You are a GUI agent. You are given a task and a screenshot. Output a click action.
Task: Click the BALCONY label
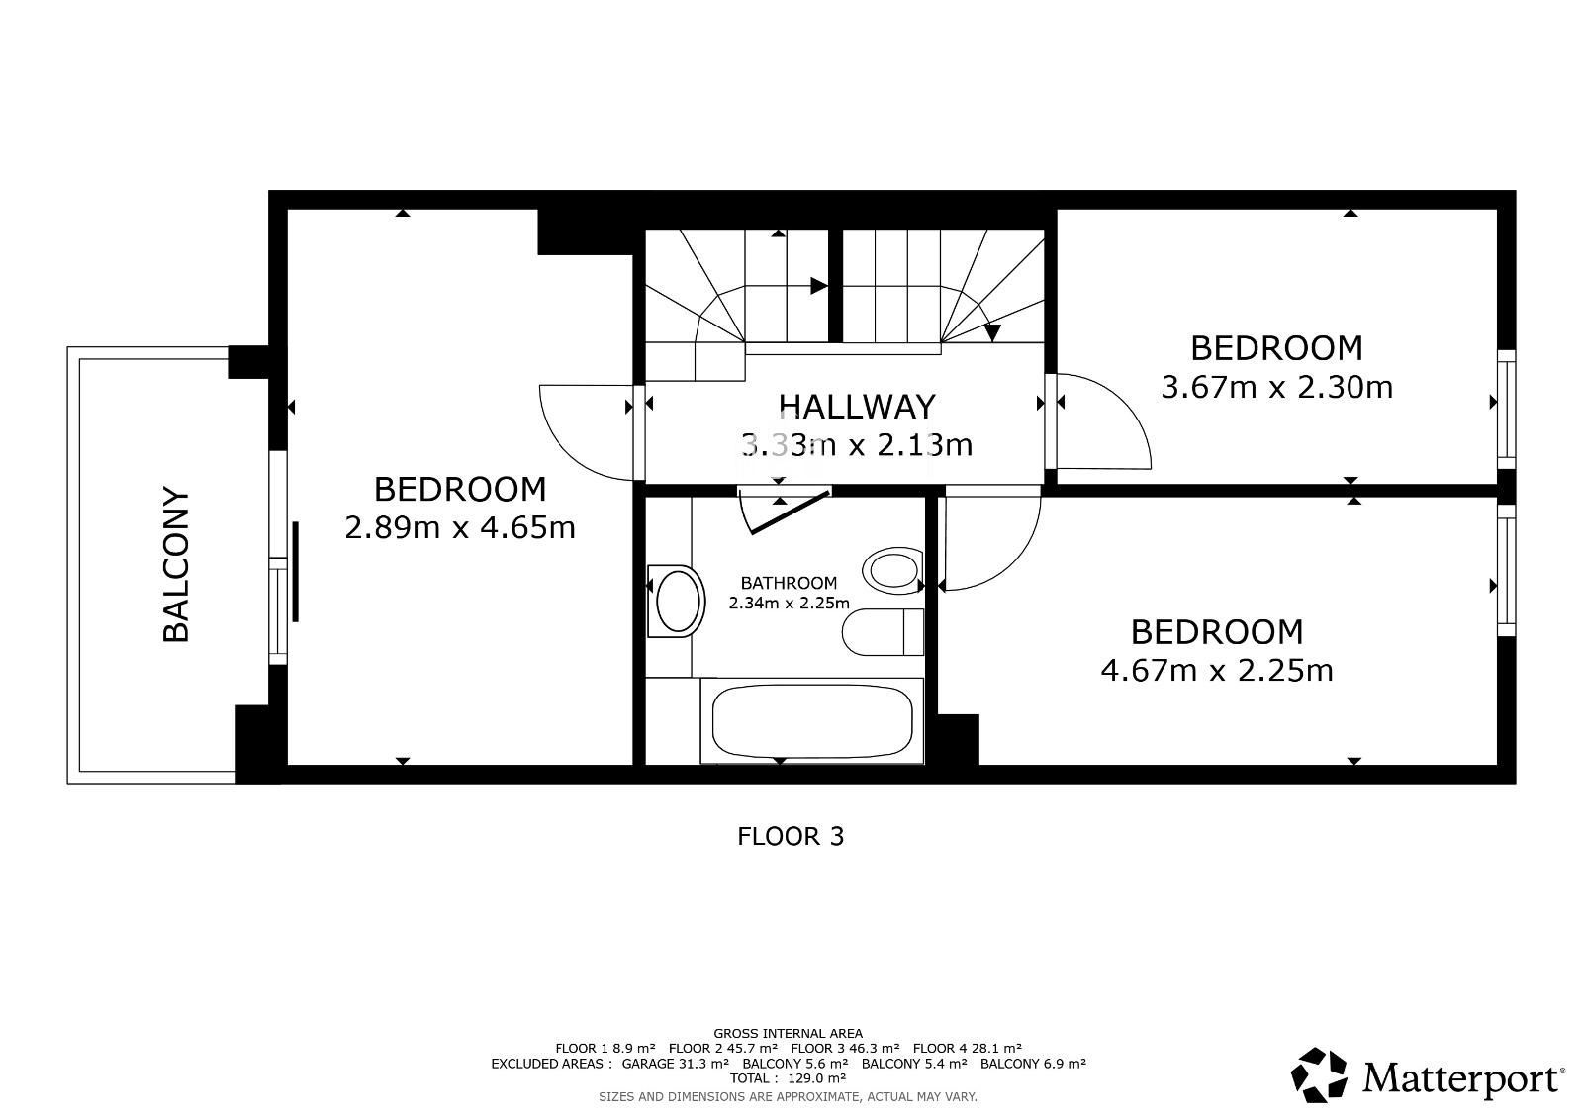176,564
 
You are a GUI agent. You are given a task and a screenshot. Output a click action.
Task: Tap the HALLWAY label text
857,407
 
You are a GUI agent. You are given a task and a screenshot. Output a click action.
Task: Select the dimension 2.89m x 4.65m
460,527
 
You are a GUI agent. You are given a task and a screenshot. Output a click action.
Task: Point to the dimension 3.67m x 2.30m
1277,387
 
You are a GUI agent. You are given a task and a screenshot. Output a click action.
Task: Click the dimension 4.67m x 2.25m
1217,670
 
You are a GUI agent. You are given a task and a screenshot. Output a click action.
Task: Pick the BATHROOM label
789,583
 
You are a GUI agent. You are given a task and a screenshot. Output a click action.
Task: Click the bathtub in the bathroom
812,721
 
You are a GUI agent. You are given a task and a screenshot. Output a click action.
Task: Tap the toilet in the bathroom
884,632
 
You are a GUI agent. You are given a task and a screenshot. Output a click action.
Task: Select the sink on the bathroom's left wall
677,601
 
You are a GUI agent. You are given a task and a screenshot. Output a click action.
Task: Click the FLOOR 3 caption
791,837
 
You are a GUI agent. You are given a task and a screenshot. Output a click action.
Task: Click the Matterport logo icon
1319,1075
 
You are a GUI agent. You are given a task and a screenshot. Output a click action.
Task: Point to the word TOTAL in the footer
749,1078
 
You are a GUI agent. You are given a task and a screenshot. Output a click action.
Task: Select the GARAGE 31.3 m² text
675,1064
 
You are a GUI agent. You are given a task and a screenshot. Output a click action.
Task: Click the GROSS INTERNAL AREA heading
788,1034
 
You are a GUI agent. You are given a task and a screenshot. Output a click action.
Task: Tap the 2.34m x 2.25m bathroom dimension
789,604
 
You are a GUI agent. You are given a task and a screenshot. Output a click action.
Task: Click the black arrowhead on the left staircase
819,286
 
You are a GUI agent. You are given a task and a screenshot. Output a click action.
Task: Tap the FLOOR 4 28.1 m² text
967,1049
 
